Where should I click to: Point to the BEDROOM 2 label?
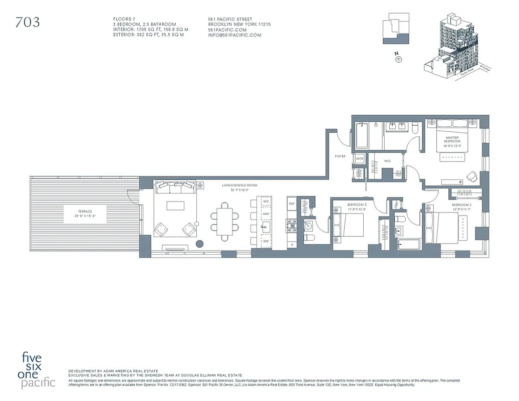(x=462, y=206)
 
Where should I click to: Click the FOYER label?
(x=340, y=156)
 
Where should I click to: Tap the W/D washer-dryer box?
(x=359, y=159)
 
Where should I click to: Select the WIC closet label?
(x=387, y=161)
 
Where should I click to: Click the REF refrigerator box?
(x=292, y=204)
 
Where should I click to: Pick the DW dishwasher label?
(x=266, y=242)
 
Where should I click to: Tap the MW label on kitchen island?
(x=266, y=215)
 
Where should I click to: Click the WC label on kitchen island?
(x=266, y=202)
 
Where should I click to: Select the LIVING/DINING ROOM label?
(x=240, y=185)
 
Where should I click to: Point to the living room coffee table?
(x=175, y=206)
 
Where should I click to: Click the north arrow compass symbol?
(x=398, y=59)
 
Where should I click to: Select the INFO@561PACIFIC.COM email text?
(x=234, y=35)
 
